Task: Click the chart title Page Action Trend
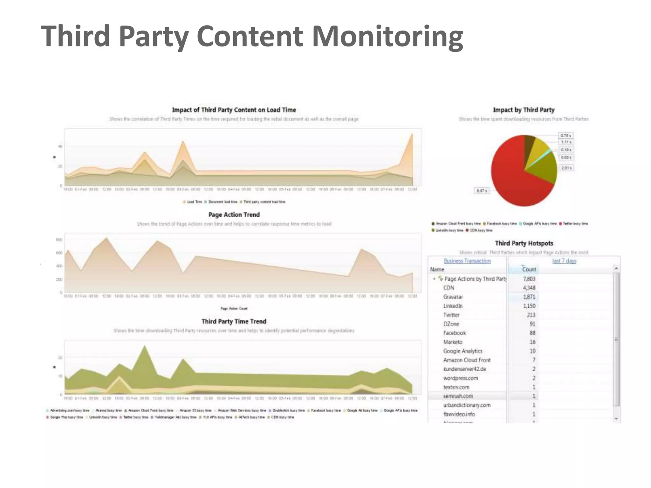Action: point(234,215)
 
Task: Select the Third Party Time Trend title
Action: point(234,322)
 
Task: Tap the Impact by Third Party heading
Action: point(524,110)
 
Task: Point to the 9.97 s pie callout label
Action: point(482,191)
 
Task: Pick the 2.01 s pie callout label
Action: point(566,168)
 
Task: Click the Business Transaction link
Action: point(467,261)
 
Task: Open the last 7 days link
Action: point(564,261)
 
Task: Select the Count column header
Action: point(529,269)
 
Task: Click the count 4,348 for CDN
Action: point(529,288)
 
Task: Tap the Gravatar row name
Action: point(453,297)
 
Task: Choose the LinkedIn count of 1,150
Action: point(529,306)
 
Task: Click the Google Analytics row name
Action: point(463,351)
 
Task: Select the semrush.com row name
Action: point(458,396)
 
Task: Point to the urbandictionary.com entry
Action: point(467,405)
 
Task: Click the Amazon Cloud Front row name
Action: point(467,360)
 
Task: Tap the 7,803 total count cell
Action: point(529,279)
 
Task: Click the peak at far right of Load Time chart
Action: point(412,135)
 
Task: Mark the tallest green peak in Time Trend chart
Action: point(145,346)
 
